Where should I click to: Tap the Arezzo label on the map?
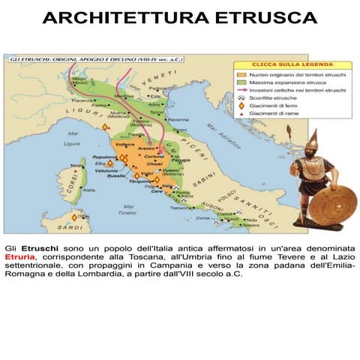pyautogui.click(x=148, y=149)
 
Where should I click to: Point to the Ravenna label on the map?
pyautogui.click(x=178, y=120)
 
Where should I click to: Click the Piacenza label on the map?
pyautogui.click(x=82, y=99)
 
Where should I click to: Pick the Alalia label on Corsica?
pyautogui.click(x=88, y=190)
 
